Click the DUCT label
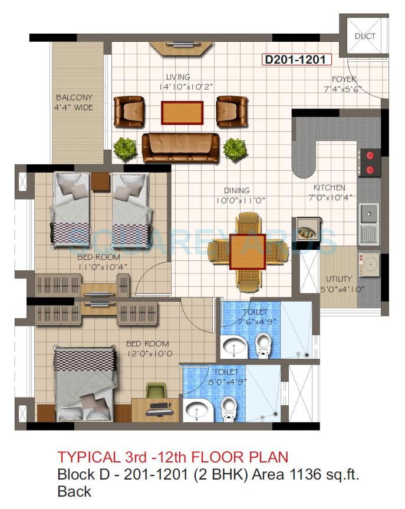364,36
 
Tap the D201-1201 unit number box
297,60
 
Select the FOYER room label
344,79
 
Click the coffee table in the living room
182,113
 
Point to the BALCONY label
74,98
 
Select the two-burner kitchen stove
370,163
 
